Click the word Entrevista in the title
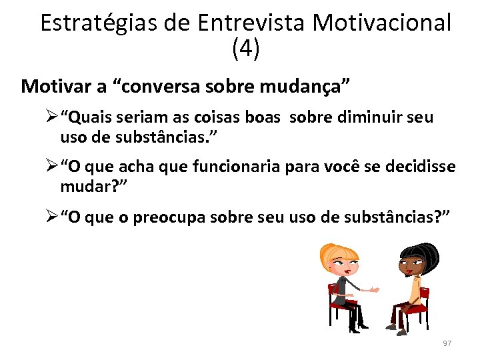[x=251, y=23]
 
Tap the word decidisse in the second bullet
[x=423, y=166]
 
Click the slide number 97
[x=447, y=343]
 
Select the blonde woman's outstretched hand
[x=375, y=291]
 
